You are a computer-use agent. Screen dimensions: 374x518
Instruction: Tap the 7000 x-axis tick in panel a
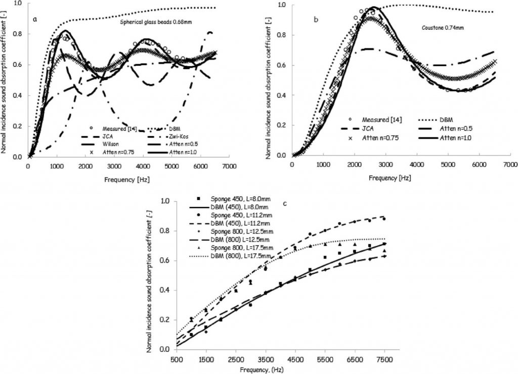(x=230, y=166)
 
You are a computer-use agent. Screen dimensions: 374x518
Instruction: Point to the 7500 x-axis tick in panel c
(x=385, y=359)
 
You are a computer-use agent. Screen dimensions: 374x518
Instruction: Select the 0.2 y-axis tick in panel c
(x=164, y=320)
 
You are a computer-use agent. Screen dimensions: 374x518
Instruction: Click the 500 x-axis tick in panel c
(x=176, y=359)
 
